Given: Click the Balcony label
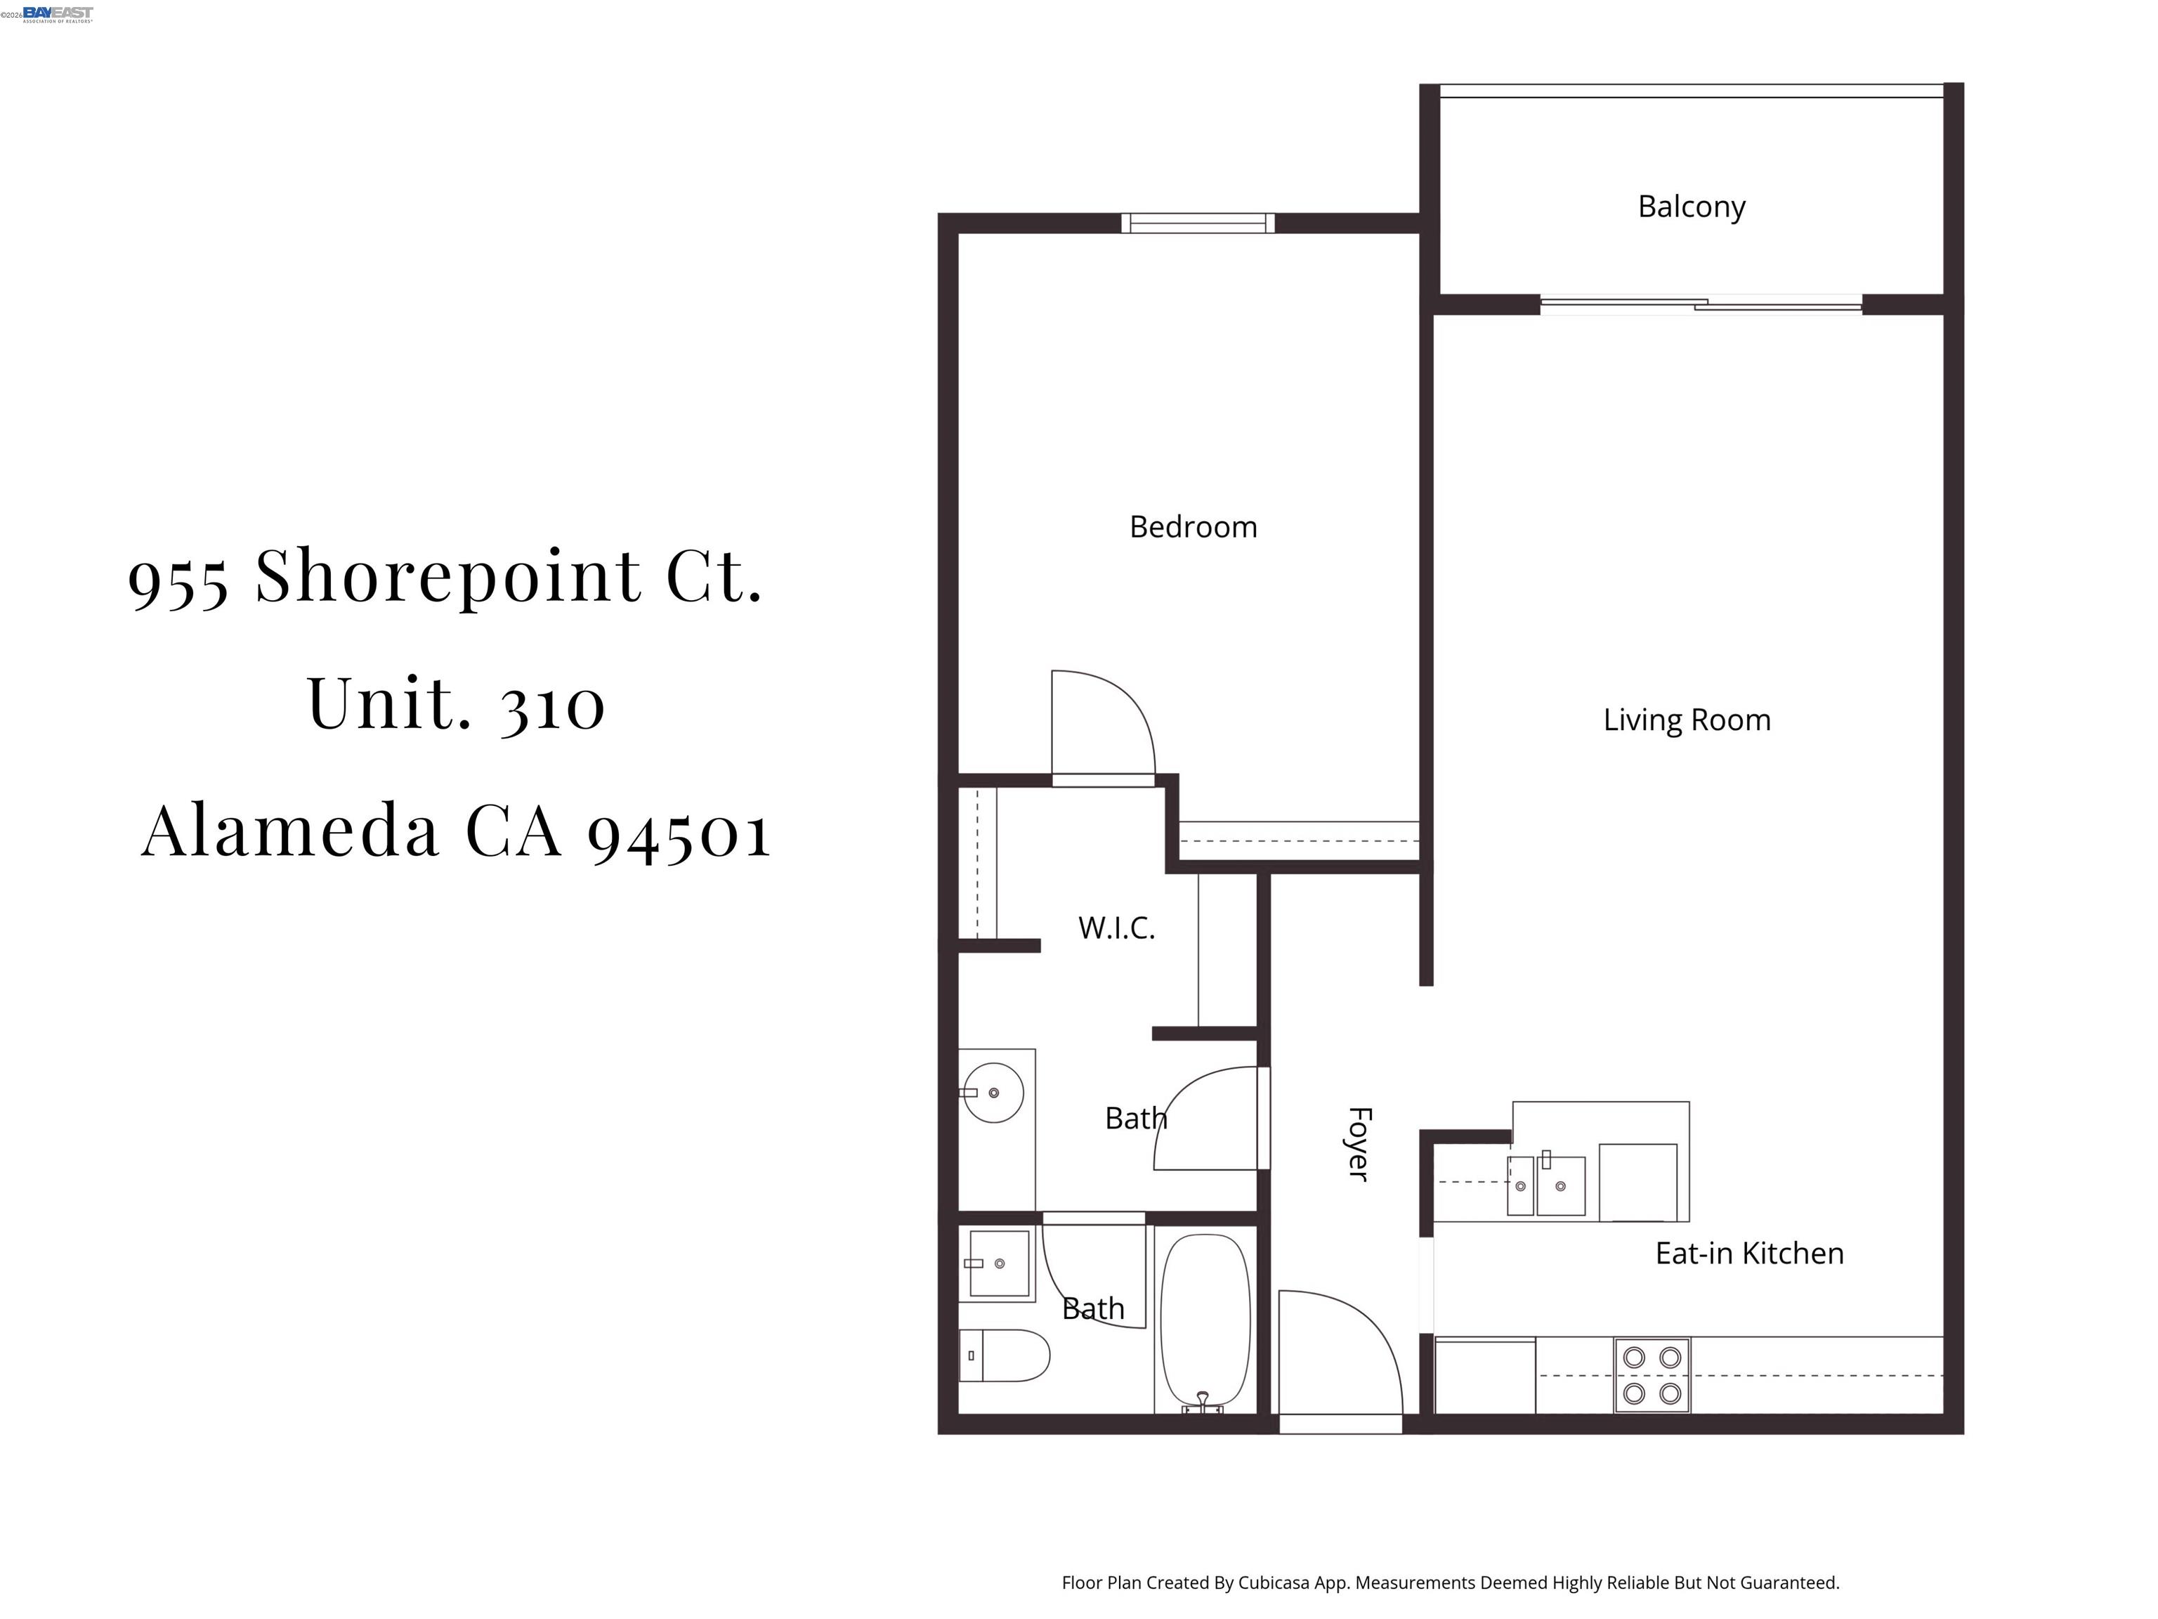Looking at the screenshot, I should coord(1691,207).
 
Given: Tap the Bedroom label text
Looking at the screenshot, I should coord(1192,527).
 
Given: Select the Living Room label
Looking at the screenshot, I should coord(1686,720).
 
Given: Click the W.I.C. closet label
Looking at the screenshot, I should coord(1116,927).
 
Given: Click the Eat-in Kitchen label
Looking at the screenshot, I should coord(1748,1253).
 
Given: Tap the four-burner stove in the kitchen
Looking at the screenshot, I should coord(1651,1375).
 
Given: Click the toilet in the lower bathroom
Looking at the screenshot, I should coord(1005,1355).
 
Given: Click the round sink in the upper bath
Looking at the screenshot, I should coord(993,1093).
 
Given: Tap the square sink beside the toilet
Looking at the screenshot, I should coord(998,1263).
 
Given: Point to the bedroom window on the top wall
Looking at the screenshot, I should coord(1197,223).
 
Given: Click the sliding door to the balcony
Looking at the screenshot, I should coord(1701,304).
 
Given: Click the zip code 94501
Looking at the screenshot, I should coord(679,831).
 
